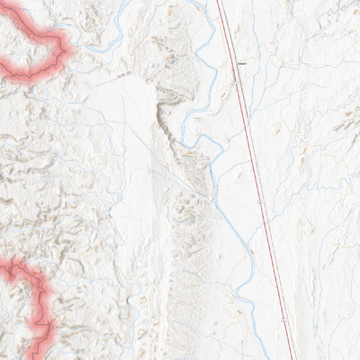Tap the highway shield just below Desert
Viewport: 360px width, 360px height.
[x=235, y=84]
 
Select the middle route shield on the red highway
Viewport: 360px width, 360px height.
[x=260, y=203]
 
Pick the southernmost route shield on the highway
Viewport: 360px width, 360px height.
[x=284, y=319]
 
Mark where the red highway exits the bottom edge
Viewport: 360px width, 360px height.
[x=292, y=358]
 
